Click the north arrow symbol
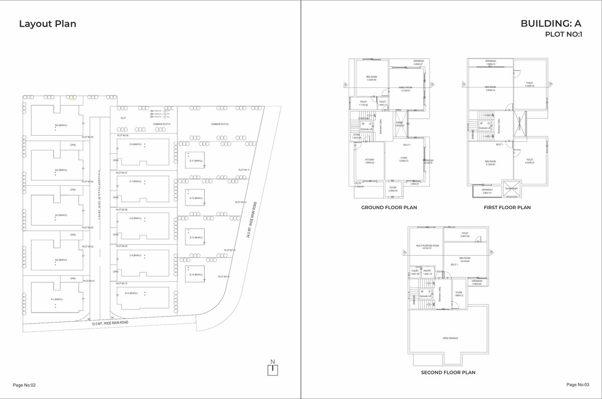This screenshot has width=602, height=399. (x=272, y=367)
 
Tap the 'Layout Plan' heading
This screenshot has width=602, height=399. (x=48, y=24)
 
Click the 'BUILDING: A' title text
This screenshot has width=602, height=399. (x=550, y=24)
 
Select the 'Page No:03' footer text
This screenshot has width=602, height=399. (x=577, y=384)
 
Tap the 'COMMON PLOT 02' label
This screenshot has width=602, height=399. (x=220, y=124)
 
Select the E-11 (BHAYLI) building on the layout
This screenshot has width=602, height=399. (x=195, y=160)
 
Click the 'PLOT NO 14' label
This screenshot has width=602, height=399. (x=224, y=276)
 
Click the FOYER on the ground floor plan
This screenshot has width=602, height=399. (x=393, y=188)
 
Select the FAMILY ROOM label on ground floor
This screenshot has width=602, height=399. (x=405, y=89)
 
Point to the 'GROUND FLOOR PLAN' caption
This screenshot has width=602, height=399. (x=389, y=207)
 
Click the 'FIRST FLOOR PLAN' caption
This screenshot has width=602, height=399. (x=507, y=207)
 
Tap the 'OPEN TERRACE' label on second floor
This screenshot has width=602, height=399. (x=450, y=338)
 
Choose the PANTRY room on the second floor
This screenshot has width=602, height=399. (x=427, y=272)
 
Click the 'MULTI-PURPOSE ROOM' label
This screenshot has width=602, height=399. (x=427, y=247)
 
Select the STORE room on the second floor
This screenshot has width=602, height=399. (x=458, y=293)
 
